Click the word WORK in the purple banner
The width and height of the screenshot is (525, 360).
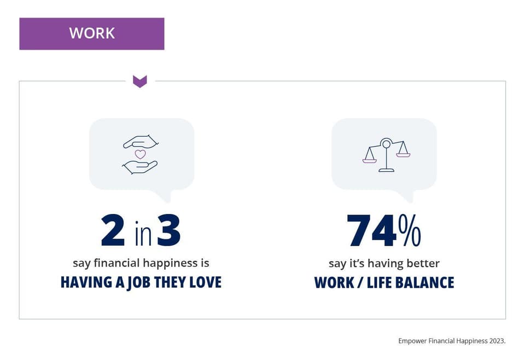pyautogui.click(x=92, y=33)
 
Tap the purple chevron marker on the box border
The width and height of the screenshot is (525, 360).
pyautogui.click(x=140, y=82)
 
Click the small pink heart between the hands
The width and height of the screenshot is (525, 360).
pyautogui.click(x=141, y=154)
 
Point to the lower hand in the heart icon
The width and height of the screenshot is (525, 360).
pyautogui.click(x=140, y=167)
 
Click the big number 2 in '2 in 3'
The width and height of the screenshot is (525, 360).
pyautogui.click(x=113, y=230)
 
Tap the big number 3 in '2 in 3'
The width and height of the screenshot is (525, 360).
pyautogui.click(x=169, y=230)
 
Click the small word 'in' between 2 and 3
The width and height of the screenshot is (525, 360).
pyautogui.click(x=143, y=233)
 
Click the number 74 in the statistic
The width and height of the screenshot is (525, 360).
pyautogui.click(x=372, y=231)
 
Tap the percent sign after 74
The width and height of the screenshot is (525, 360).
pyautogui.click(x=410, y=231)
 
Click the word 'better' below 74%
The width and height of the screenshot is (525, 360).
pyautogui.click(x=423, y=263)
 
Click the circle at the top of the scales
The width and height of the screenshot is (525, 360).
pyautogui.click(x=386, y=144)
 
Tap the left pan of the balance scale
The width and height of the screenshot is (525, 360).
pyautogui.click(x=370, y=161)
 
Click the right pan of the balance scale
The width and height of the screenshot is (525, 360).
pyautogui.click(x=403, y=155)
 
